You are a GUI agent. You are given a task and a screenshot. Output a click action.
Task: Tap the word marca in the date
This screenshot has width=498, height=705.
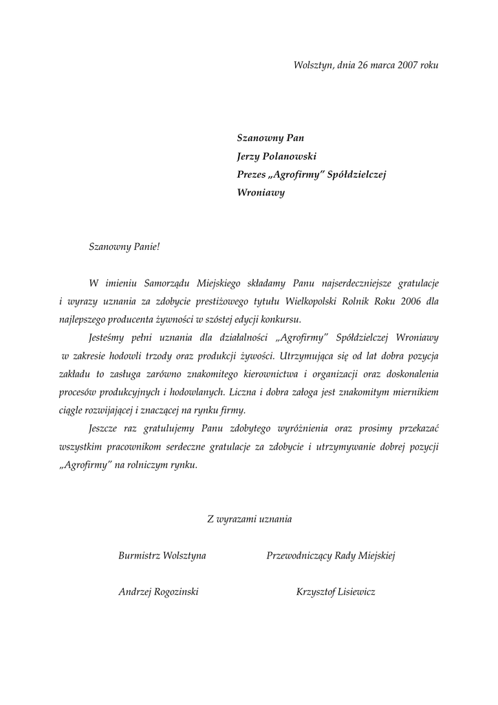[x=379, y=65]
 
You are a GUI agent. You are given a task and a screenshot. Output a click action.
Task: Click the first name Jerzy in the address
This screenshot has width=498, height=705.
[x=250, y=156]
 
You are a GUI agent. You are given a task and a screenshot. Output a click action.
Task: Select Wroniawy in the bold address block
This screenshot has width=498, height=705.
[x=261, y=193]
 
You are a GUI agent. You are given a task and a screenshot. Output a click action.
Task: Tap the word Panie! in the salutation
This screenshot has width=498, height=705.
[x=144, y=246]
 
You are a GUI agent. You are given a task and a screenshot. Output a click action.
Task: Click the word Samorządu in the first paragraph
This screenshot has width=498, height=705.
[x=164, y=283]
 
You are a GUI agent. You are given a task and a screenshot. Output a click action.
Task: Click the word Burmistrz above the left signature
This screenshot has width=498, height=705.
[x=140, y=556]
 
